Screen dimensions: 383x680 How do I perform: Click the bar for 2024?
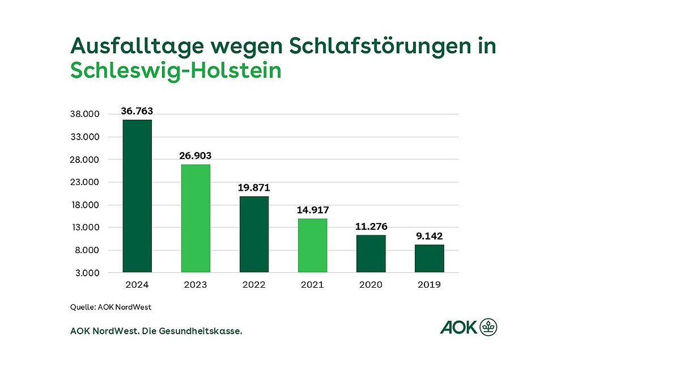pyautogui.click(x=137, y=196)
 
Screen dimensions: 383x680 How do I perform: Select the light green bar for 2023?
pyautogui.click(x=195, y=218)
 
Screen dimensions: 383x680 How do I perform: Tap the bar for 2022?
pyautogui.click(x=254, y=234)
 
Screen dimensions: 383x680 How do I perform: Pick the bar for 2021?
pyautogui.click(x=313, y=245)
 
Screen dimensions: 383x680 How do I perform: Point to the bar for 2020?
pyautogui.click(x=371, y=254)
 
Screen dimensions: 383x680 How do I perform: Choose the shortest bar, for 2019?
pyautogui.click(x=430, y=258)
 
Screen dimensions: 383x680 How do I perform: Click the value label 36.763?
pyautogui.click(x=137, y=111)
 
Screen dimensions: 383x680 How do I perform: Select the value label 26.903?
pyautogui.click(x=195, y=155)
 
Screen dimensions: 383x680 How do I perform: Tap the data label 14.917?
pyautogui.click(x=313, y=210)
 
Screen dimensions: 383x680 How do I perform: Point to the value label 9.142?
pyautogui.click(x=430, y=236)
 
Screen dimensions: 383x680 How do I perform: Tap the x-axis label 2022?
pyautogui.click(x=254, y=284)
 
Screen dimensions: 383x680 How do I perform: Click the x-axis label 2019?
pyautogui.click(x=430, y=284)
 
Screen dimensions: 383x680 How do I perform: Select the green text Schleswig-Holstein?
pyautogui.click(x=176, y=71)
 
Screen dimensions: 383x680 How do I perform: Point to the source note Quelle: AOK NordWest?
pyautogui.click(x=111, y=307)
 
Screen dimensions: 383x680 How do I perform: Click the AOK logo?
pyautogui.click(x=469, y=327)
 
